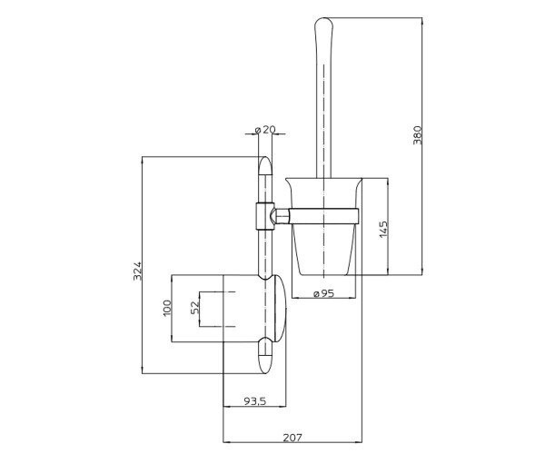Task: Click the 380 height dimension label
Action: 418,135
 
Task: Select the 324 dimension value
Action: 138,271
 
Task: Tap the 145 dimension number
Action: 383,229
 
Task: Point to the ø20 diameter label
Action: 265,130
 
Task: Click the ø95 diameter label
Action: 323,293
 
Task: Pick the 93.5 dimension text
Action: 254,401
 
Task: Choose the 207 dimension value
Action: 292,438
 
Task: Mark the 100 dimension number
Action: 167,308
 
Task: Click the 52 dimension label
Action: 195,308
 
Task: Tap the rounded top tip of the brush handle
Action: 323,19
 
